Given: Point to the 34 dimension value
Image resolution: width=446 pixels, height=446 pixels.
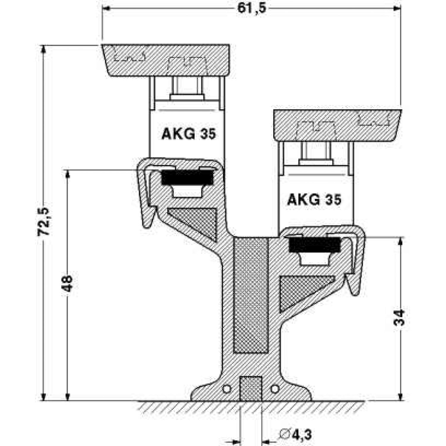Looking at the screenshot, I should tap(401, 317).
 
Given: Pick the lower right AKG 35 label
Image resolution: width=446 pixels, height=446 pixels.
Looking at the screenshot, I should tap(314, 199).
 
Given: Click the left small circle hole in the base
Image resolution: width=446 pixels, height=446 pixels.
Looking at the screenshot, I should tap(227, 389).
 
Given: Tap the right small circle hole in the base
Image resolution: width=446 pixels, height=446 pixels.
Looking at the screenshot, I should tap(275, 389).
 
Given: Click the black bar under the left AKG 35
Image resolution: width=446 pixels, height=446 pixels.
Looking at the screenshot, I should tap(187, 178).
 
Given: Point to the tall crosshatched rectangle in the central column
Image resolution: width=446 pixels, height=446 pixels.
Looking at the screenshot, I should tap(252, 294).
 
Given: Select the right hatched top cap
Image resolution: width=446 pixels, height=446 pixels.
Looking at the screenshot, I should tap(337, 125).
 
